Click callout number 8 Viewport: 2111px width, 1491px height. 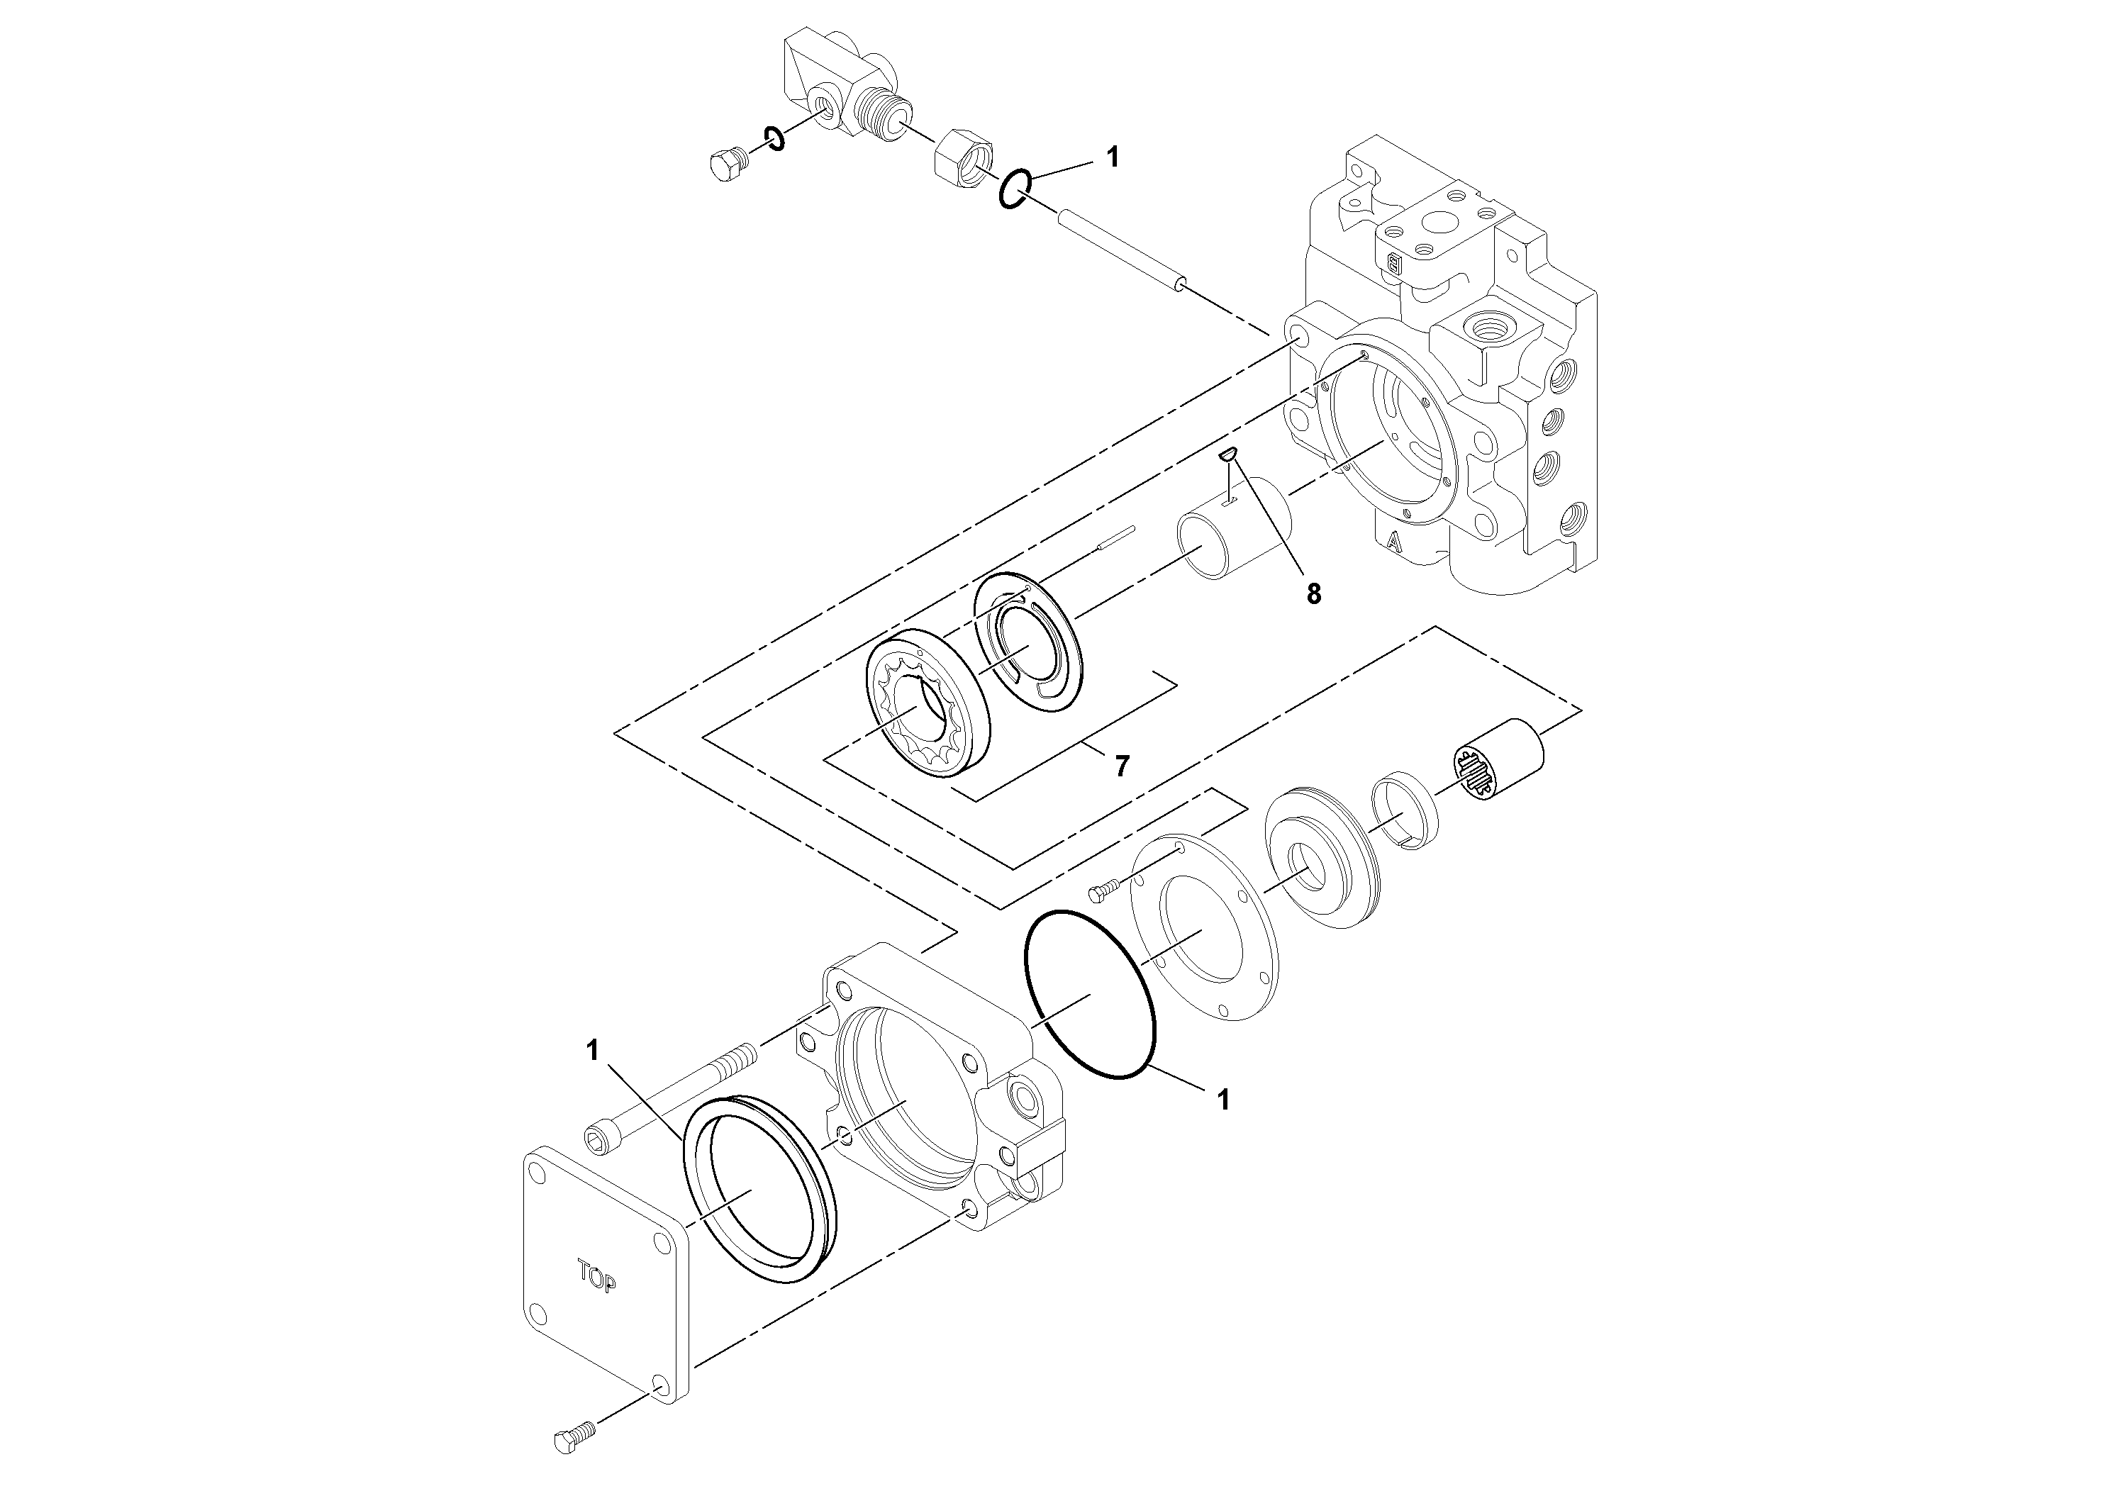click(x=1313, y=595)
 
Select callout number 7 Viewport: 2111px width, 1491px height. click(x=1121, y=766)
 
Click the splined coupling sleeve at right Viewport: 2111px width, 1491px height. click(x=1498, y=759)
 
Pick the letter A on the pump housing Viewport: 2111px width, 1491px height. click(x=1394, y=542)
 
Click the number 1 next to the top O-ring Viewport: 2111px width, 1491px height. click(x=1113, y=158)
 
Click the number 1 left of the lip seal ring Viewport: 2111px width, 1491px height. click(x=593, y=1051)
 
